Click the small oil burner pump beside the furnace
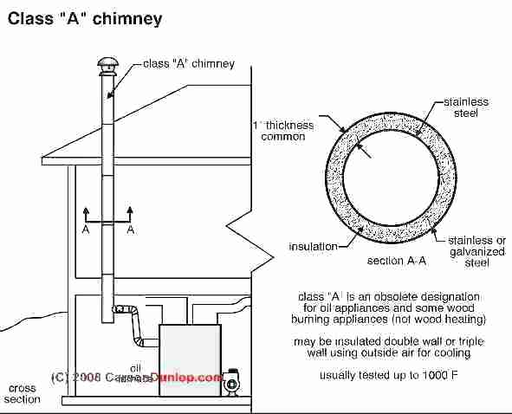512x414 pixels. tap(233, 382)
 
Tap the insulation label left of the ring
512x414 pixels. tap(313, 247)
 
